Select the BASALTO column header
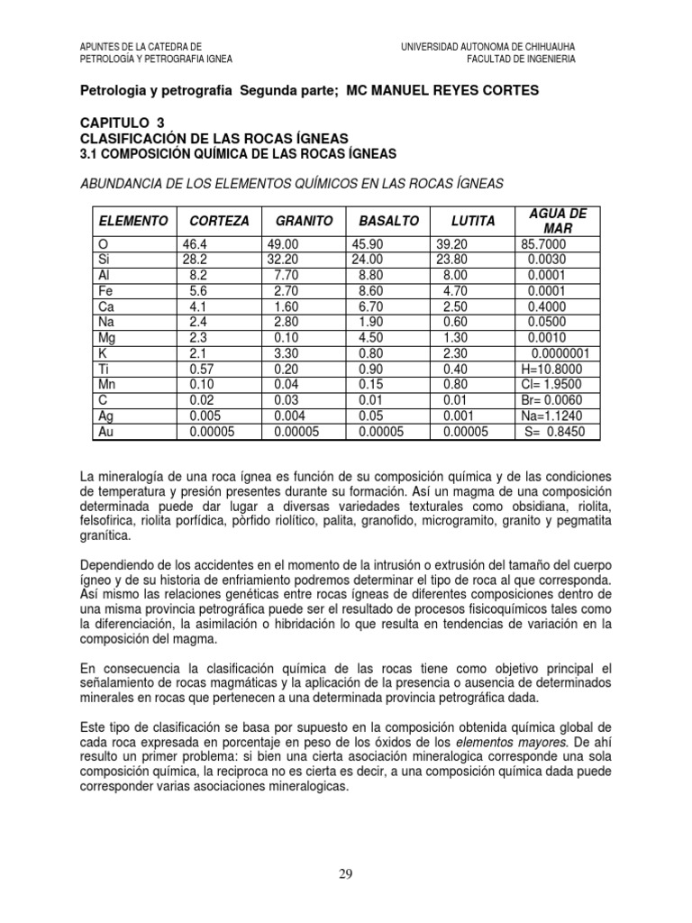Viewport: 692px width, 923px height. click(x=388, y=221)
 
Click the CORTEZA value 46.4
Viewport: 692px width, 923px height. click(x=195, y=245)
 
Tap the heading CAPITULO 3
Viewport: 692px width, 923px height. click(x=123, y=123)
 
